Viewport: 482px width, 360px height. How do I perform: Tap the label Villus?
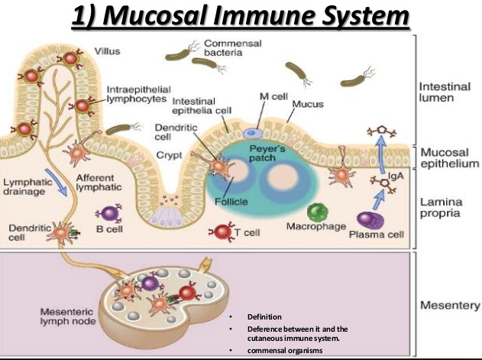click(107, 52)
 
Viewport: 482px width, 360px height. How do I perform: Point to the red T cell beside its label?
click(222, 230)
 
